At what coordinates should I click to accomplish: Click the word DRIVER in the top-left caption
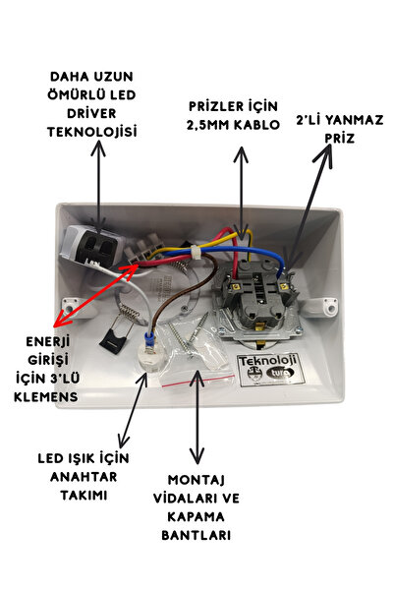click(95, 114)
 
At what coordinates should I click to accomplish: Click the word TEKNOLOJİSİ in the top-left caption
click(96, 131)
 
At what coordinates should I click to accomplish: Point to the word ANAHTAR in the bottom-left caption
click(91, 474)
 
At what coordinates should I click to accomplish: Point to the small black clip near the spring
click(113, 338)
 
